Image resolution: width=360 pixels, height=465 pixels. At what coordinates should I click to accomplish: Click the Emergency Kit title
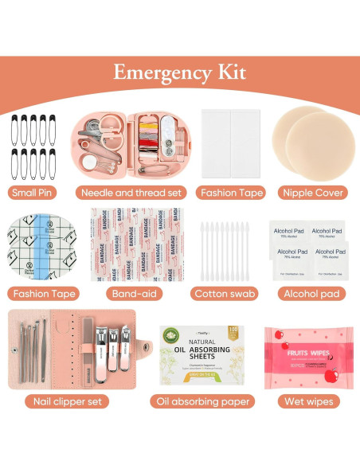(x=179, y=72)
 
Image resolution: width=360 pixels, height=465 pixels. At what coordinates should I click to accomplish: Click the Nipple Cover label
(x=313, y=192)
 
